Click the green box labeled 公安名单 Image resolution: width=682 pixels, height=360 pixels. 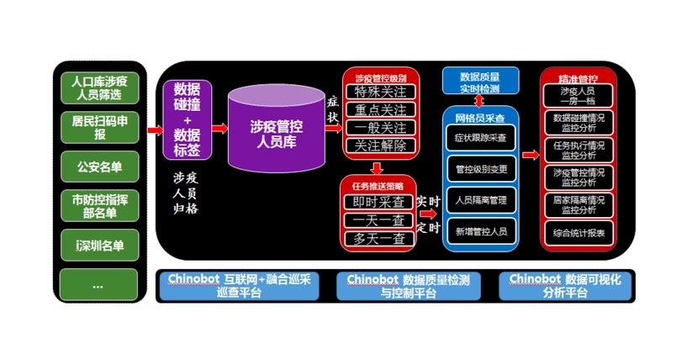click(x=98, y=166)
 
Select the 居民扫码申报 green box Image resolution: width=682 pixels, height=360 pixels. click(x=98, y=128)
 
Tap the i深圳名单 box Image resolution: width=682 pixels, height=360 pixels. click(x=98, y=246)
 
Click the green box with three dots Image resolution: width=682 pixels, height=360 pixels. click(x=98, y=284)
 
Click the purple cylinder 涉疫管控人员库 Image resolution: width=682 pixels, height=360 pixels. click(x=277, y=128)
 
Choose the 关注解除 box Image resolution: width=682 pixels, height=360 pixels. click(x=380, y=146)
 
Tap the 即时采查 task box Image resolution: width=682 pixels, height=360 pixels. click(x=378, y=202)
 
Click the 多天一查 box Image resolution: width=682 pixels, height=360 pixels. click(x=378, y=239)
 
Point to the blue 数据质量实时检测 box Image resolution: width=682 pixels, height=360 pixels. click(x=480, y=82)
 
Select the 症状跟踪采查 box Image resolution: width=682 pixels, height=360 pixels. click(x=480, y=138)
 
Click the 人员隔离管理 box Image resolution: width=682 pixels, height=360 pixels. click(x=480, y=200)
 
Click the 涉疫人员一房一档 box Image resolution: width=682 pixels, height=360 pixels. click(x=579, y=95)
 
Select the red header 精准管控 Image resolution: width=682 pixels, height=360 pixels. click(x=579, y=75)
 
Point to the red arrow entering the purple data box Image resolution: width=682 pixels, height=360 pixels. click(x=155, y=130)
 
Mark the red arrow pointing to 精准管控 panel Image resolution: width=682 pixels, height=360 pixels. click(x=530, y=155)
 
